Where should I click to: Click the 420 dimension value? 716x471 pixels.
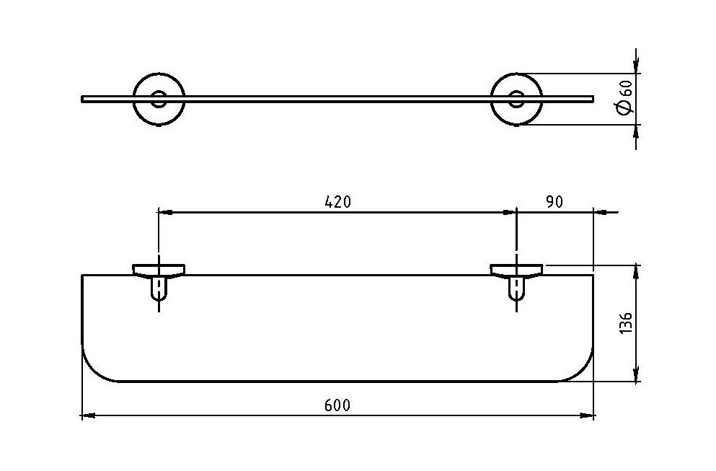[337, 202]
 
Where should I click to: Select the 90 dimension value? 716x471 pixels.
[554, 202]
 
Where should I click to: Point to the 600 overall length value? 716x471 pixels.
[337, 405]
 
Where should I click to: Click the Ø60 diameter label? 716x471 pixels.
[625, 97]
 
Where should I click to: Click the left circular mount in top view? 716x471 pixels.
[159, 99]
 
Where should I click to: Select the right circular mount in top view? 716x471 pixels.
[517, 99]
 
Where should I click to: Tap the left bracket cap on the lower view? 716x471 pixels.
[159, 270]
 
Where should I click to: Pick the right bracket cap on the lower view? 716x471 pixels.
[516, 270]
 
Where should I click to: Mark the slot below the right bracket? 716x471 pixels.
[516, 290]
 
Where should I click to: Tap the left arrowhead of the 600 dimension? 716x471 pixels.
[87, 415]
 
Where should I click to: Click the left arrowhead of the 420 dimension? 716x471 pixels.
[165, 212]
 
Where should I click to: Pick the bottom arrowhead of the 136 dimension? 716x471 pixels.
[637, 375]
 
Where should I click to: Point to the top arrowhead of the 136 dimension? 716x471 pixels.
[637, 272]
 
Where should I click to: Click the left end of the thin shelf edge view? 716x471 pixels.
[84, 99]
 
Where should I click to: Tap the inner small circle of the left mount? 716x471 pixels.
[159, 99]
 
